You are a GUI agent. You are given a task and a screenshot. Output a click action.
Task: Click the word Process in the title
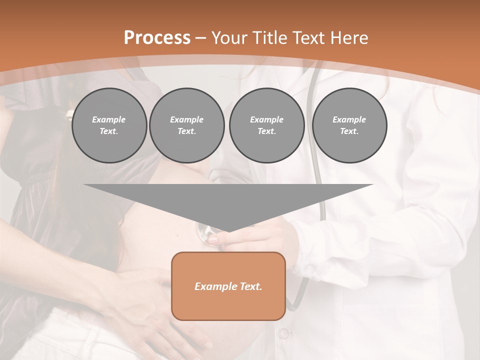pyautogui.click(x=157, y=38)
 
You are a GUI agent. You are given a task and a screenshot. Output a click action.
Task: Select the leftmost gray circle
pyautogui.click(x=109, y=125)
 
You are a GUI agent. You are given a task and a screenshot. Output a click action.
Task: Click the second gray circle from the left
pyautogui.click(x=186, y=125)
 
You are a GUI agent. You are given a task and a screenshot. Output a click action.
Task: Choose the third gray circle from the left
pyautogui.click(x=266, y=125)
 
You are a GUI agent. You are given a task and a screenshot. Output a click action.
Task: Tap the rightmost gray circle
pyautogui.click(x=349, y=125)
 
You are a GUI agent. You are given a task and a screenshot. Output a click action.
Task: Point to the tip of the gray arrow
pyautogui.click(x=228, y=230)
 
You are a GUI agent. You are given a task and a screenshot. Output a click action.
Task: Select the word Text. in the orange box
pyautogui.click(x=250, y=286)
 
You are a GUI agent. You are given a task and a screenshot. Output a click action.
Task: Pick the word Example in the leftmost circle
pyautogui.click(x=109, y=119)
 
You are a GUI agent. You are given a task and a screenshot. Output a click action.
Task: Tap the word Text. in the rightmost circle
pyautogui.click(x=349, y=131)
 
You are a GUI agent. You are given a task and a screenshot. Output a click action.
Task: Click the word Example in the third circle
pyautogui.click(x=266, y=119)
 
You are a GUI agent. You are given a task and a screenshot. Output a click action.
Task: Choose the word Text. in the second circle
pyautogui.click(x=186, y=131)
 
